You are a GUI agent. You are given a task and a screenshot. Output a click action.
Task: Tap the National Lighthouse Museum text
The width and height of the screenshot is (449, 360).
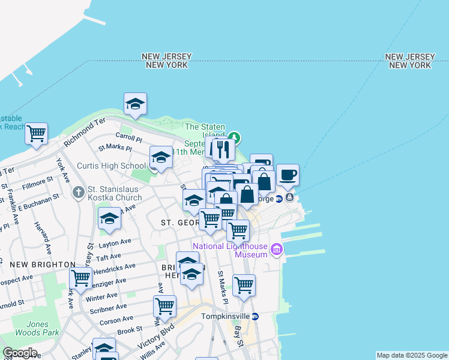[229, 251]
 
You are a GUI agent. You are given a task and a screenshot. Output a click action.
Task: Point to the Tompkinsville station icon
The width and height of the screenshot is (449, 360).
[255, 316]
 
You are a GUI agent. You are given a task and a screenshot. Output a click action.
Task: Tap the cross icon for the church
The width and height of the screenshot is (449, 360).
[78, 193]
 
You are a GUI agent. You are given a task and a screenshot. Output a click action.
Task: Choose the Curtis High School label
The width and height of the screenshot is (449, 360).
[112, 166]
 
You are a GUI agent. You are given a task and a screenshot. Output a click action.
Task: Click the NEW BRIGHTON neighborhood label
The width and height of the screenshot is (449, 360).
[42, 265]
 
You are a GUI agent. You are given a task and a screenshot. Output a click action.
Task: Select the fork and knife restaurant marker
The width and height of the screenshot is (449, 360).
[223, 150]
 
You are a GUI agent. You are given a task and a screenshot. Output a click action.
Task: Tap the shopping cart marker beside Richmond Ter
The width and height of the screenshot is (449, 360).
[36, 134]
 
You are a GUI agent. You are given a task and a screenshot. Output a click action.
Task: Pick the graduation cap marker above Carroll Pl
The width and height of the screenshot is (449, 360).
[135, 104]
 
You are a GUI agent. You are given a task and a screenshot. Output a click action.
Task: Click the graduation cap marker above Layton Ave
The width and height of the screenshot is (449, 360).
[109, 219]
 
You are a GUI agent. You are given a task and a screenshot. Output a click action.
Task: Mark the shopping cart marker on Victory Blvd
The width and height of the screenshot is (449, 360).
[164, 307]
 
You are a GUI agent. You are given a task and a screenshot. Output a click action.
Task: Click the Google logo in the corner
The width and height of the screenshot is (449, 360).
[20, 353]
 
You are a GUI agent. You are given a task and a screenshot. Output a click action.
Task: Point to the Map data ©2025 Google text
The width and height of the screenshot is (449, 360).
[412, 355]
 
